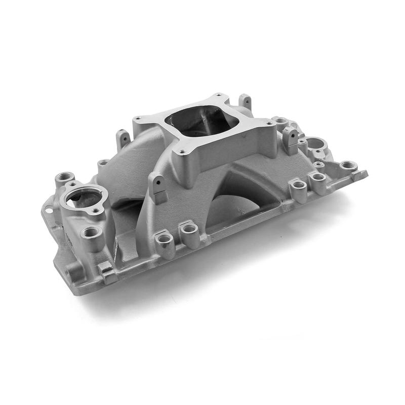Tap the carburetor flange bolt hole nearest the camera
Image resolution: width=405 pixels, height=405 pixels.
tap(181, 151)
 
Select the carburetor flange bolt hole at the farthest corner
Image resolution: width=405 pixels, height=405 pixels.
tap(219, 95)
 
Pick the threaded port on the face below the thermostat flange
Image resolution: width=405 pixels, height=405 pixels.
tap(92, 232)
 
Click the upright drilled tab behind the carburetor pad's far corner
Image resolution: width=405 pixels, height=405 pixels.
tap(245, 101)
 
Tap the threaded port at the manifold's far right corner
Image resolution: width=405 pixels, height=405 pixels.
tap(348, 166)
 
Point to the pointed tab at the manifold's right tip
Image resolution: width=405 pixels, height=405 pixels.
tap(360, 175)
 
